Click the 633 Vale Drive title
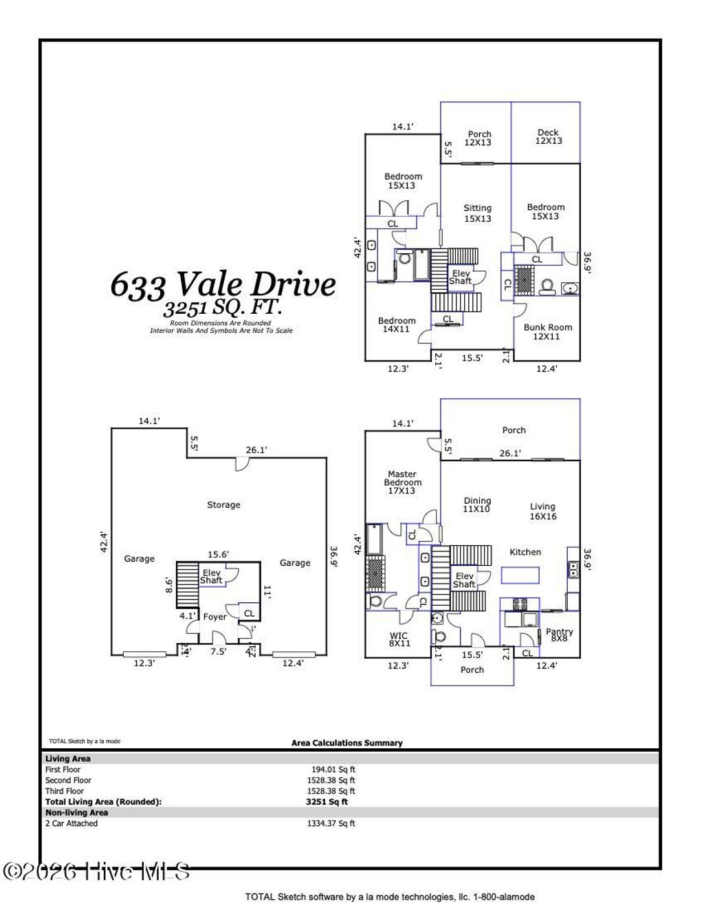[223, 284]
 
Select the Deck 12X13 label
[548, 136]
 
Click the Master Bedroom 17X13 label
[401, 482]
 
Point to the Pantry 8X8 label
[559, 635]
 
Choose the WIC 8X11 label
[398, 639]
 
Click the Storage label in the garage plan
[223, 505]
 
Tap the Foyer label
[214, 617]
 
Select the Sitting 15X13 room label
[477, 213]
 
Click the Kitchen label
[525, 552]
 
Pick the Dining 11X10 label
[477, 505]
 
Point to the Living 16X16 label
[542, 511]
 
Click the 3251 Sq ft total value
[327, 802]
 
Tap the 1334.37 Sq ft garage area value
[331, 823]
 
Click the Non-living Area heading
[76, 812]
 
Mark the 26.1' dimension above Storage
[256, 450]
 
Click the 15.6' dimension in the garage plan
[219, 554]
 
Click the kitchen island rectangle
[520, 575]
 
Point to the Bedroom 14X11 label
[397, 325]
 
